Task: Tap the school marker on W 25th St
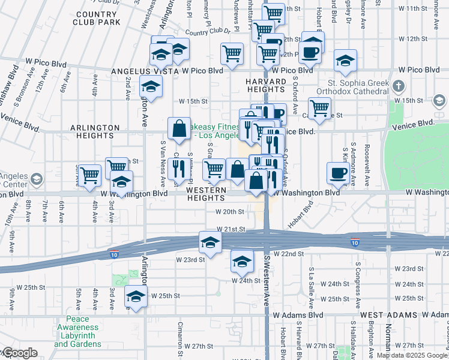(x=136, y=296)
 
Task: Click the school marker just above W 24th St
(x=242, y=262)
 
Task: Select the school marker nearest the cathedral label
(x=345, y=60)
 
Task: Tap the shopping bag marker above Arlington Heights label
(x=179, y=128)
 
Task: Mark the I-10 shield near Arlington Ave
(x=113, y=254)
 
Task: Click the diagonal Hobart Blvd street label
(x=307, y=209)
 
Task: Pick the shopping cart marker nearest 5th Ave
(x=89, y=175)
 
